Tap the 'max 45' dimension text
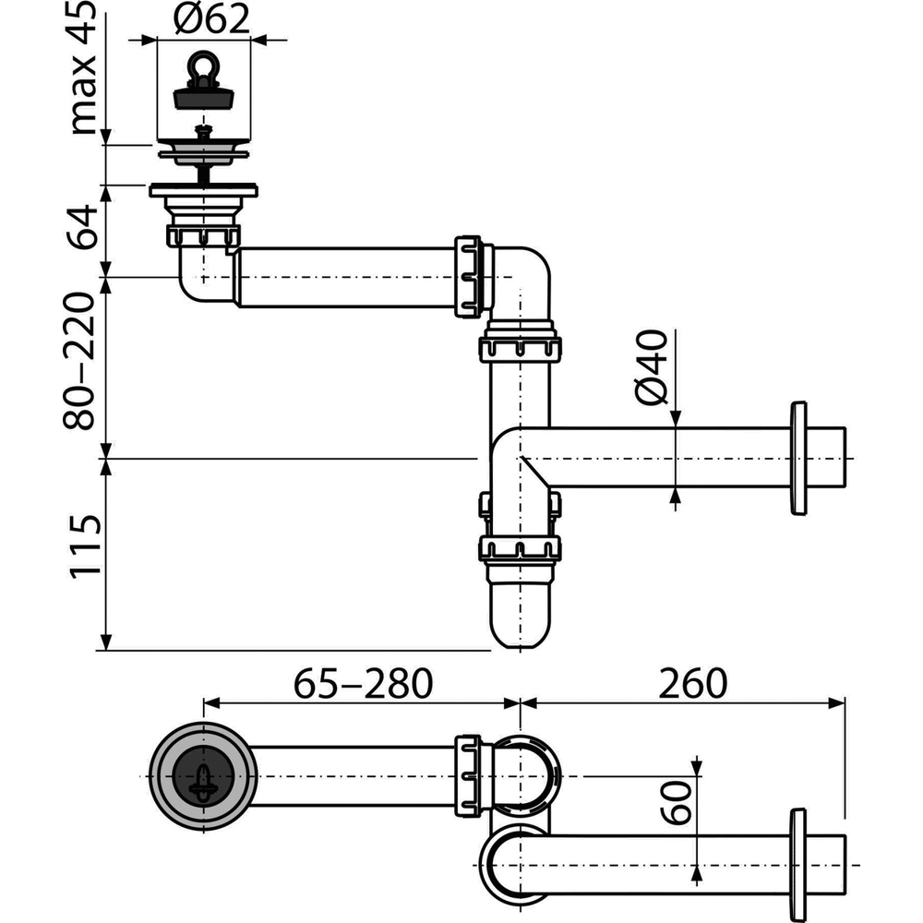tap(85, 66)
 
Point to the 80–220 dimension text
tap(85, 362)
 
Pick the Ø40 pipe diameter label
tap(652, 367)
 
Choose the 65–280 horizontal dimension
tap(362, 684)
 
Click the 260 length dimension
tap(692, 684)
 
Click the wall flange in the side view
tap(798, 458)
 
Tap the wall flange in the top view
tap(798, 865)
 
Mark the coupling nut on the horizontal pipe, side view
tap(469, 277)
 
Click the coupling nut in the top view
tap(469, 775)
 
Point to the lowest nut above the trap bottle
tap(520, 549)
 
